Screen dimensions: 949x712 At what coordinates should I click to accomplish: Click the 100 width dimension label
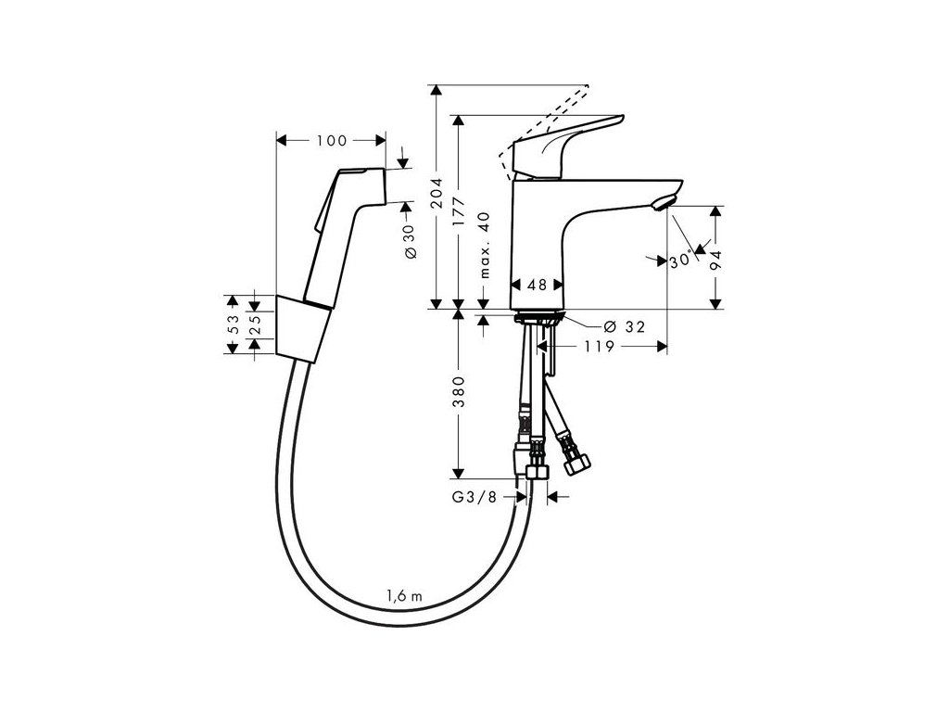click(331, 141)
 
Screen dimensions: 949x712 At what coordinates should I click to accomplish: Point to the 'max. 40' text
click(484, 245)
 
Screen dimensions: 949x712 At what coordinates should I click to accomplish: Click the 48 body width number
click(535, 286)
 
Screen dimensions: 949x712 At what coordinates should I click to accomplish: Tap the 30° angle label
click(681, 261)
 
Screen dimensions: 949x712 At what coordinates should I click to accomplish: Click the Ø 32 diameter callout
click(623, 326)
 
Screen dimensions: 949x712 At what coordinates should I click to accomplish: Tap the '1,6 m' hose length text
click(405, 596)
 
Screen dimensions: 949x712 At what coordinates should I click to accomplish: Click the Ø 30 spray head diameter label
click(409, 243)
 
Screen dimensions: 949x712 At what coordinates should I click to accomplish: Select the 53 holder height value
click(234, 324)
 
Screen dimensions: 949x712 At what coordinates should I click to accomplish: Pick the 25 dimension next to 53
click(257, 324)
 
